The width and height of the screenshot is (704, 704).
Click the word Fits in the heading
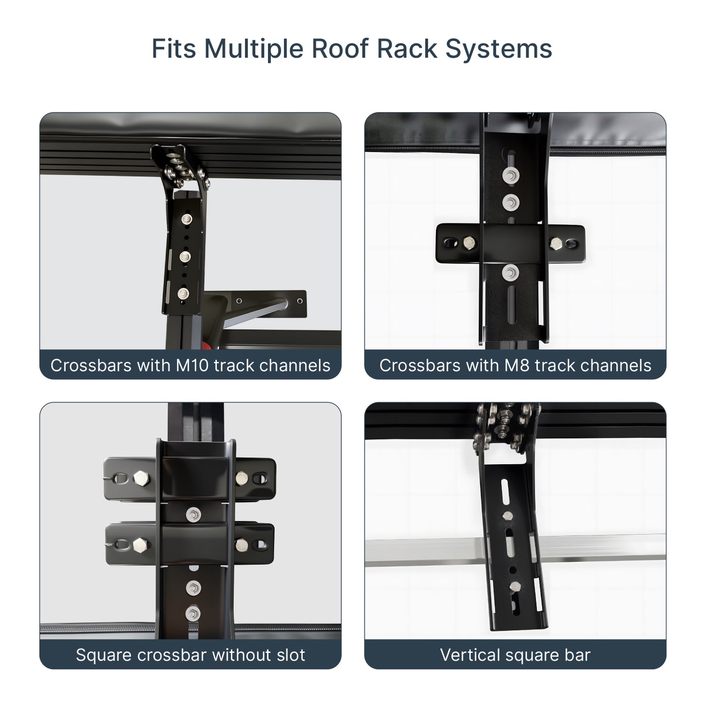(174, 49)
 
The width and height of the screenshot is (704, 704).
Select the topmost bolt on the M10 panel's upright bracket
(187, 218)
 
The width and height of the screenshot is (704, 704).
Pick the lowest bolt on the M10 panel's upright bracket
(183, 293)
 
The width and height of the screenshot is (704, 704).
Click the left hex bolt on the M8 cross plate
(470, 242)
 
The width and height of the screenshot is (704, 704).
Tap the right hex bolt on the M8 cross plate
(556, 243)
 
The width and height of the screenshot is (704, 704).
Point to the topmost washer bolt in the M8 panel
(511, 176)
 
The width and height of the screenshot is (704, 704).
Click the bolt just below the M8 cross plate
(510, 273)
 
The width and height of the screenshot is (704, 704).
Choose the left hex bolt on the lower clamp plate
(140, 545)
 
